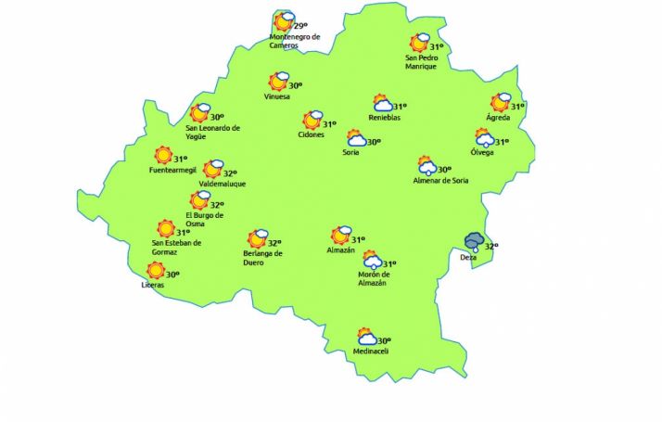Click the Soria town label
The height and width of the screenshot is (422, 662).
(x=350, y=152)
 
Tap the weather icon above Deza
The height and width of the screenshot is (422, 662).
(x=475, y=241)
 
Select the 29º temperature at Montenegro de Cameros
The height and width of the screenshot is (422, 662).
(x=299, y=26)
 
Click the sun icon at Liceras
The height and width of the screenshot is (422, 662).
(x=156, y=271)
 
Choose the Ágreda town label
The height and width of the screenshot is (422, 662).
(x=499, y=118)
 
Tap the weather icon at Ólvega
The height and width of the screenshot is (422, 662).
(x=485, y=139)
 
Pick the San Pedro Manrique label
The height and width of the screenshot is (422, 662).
(x=421, y=62)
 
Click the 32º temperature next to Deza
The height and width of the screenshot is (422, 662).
(x=491, y=246)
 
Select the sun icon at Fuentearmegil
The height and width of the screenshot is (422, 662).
(x=163, y=156)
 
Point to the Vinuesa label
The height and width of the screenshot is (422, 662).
(x=277, y=96)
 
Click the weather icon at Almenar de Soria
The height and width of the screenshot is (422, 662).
(x=427, y=167)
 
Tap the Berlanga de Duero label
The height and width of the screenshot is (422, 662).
(x=262, y=258)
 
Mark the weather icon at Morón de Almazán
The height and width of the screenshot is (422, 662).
(x=372, y=260)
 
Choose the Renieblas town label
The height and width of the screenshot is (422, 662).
(x=385, y=118)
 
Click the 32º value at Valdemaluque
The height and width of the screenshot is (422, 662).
(x=230, y=173)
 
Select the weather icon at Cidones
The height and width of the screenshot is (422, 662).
(x=312, y=120)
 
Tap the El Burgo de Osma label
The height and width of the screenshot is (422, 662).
(x=204, y=220)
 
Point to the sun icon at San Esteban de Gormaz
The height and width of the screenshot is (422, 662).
(x=166, y=228)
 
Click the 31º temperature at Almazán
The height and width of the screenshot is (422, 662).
(x=358, y=240)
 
